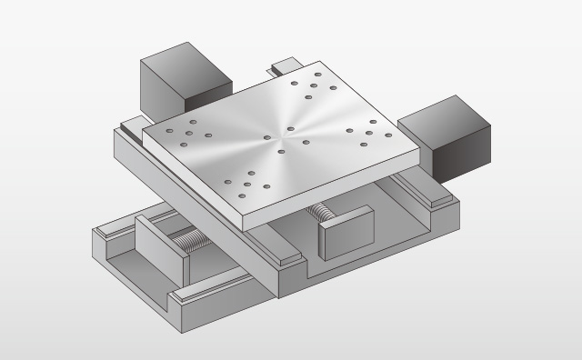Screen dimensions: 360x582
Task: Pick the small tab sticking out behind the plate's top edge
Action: click(x=285, y=65)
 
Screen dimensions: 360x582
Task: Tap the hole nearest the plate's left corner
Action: click(x=170, y=131)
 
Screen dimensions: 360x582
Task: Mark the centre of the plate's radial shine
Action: click(x=285, y=131)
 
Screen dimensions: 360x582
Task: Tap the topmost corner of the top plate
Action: click(x=319, y=62)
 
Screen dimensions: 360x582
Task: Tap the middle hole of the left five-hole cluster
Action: click(x=189, y=134)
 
